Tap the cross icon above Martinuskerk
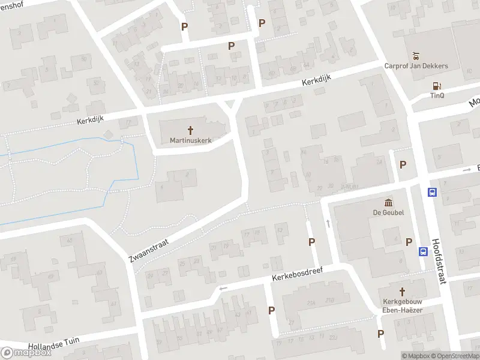point(191,130)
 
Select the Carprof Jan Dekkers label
point(416,66)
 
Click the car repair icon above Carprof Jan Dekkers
point(416,56)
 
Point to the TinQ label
point(436,95)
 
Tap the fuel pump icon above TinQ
point(436,86)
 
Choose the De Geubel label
point(388,212)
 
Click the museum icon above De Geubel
point(388,202)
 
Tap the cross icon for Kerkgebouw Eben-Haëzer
point(402,291)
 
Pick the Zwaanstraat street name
point(148,249)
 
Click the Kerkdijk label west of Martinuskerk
point(90,120)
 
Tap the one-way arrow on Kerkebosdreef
point(223,289)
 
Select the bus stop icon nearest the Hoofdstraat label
point(423,252)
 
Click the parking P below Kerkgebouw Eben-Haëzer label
point(380,334)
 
